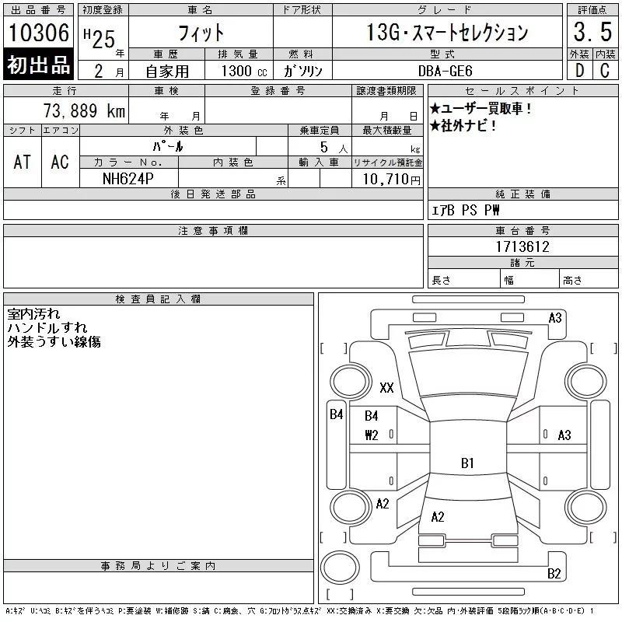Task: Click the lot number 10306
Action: point(38,33)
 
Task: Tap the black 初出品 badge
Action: point(38,65)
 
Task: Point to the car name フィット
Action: point(201,33)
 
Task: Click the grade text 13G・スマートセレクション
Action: point(447,33)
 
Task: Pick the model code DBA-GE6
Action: point(450,71)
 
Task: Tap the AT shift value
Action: point(23,162)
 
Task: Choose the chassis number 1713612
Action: point(522,247)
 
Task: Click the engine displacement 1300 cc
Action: point(245,71)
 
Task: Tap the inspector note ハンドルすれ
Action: point(47,328)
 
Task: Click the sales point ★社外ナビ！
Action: point(463,126)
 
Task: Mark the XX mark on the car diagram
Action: point(386,387)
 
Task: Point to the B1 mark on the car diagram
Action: point(467,463)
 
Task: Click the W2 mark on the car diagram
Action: point(371,435)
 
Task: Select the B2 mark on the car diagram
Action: point(554,575)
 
